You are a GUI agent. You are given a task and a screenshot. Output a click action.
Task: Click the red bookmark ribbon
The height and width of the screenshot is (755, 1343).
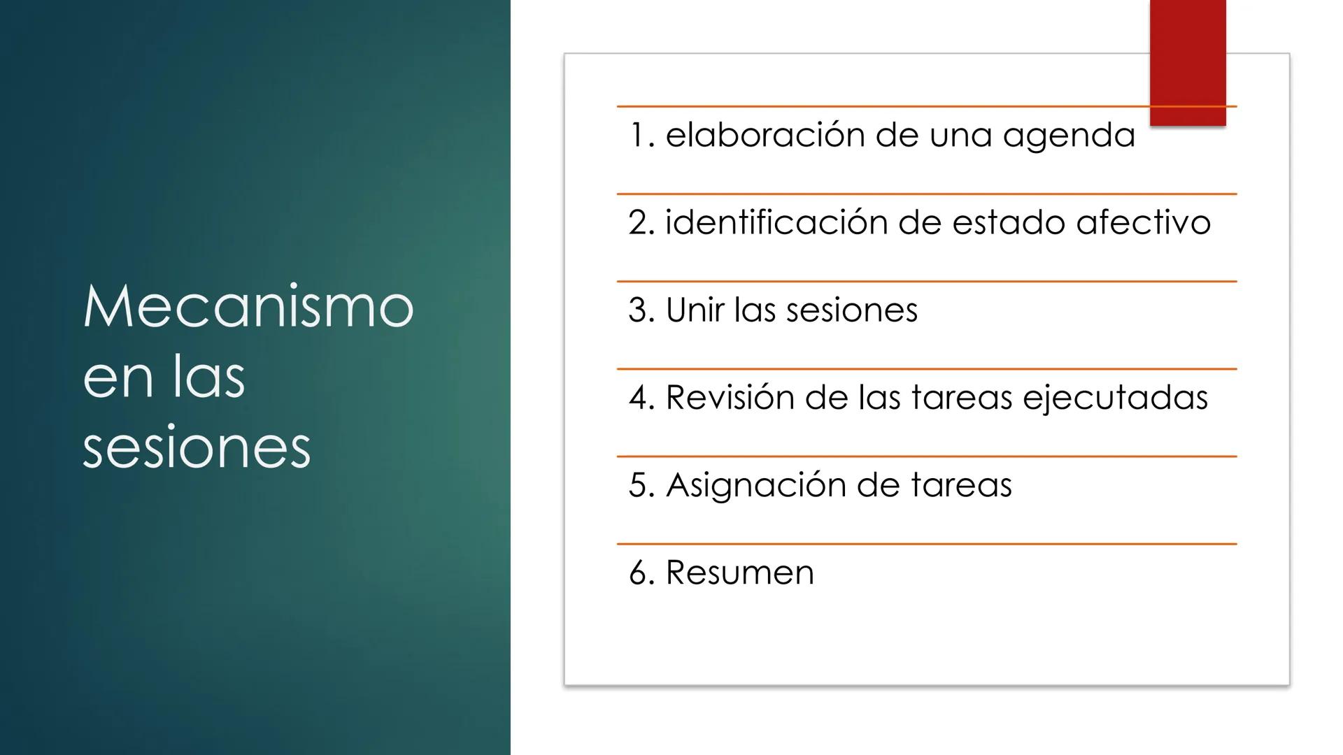coord(1187,63)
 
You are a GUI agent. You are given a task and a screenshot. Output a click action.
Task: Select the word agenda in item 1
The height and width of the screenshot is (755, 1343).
coord(1069,135)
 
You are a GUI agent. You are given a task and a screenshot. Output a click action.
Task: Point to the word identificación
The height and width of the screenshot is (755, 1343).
coord(776,222)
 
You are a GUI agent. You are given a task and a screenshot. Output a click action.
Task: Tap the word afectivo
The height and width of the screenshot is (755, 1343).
coord(1143,222)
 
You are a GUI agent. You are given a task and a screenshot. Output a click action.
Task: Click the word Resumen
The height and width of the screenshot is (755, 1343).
coord(740,573)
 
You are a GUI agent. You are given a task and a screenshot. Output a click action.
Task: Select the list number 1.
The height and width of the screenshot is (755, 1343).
coord(638,135)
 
